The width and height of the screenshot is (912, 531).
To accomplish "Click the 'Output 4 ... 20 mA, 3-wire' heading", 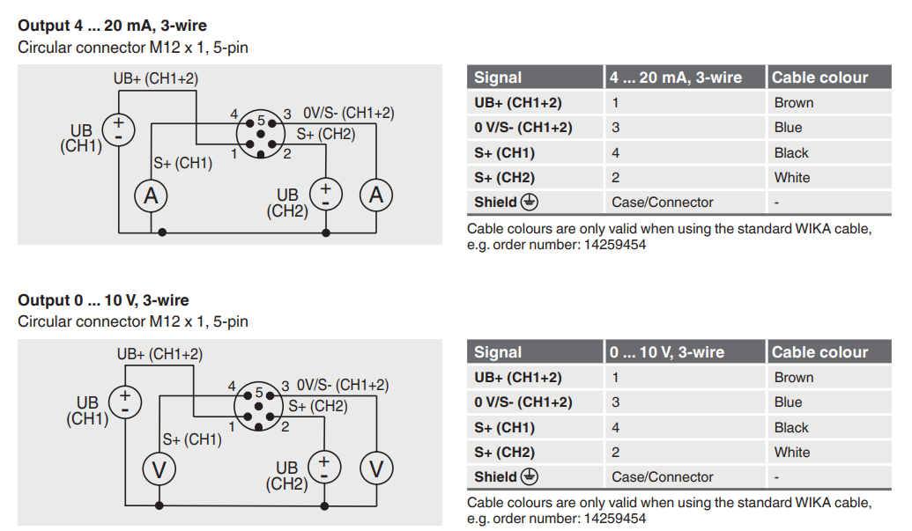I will (112, 26).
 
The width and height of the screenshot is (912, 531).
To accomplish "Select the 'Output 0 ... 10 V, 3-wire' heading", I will (103, 300).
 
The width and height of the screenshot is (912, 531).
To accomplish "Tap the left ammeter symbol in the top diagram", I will (151, 196).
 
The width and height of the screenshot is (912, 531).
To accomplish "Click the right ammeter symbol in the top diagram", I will (377, 195).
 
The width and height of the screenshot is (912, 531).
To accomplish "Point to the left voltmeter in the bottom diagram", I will (159, 469).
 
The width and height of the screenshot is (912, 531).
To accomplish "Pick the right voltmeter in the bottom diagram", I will (377, 469).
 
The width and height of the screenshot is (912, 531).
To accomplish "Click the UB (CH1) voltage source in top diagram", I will (118, 129).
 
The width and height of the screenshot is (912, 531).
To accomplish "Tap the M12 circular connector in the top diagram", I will (261, 134).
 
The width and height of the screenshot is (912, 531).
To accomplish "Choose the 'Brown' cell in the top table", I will (794, 102).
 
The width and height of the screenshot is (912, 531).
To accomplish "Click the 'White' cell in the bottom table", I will (792, 452).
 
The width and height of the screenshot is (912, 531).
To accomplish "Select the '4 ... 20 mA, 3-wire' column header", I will (676, 77).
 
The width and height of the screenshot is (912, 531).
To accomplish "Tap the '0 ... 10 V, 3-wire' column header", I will (667, 352).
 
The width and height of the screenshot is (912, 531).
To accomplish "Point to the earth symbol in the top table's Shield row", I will (529, 202).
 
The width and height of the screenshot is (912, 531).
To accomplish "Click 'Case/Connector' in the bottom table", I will (662, 476).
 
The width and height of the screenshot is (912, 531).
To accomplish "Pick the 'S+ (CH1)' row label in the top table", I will (504, 152).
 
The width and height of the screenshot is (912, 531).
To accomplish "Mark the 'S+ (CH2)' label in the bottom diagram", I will (318, 407).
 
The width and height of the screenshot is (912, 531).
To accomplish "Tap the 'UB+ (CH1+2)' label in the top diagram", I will (156, 79).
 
